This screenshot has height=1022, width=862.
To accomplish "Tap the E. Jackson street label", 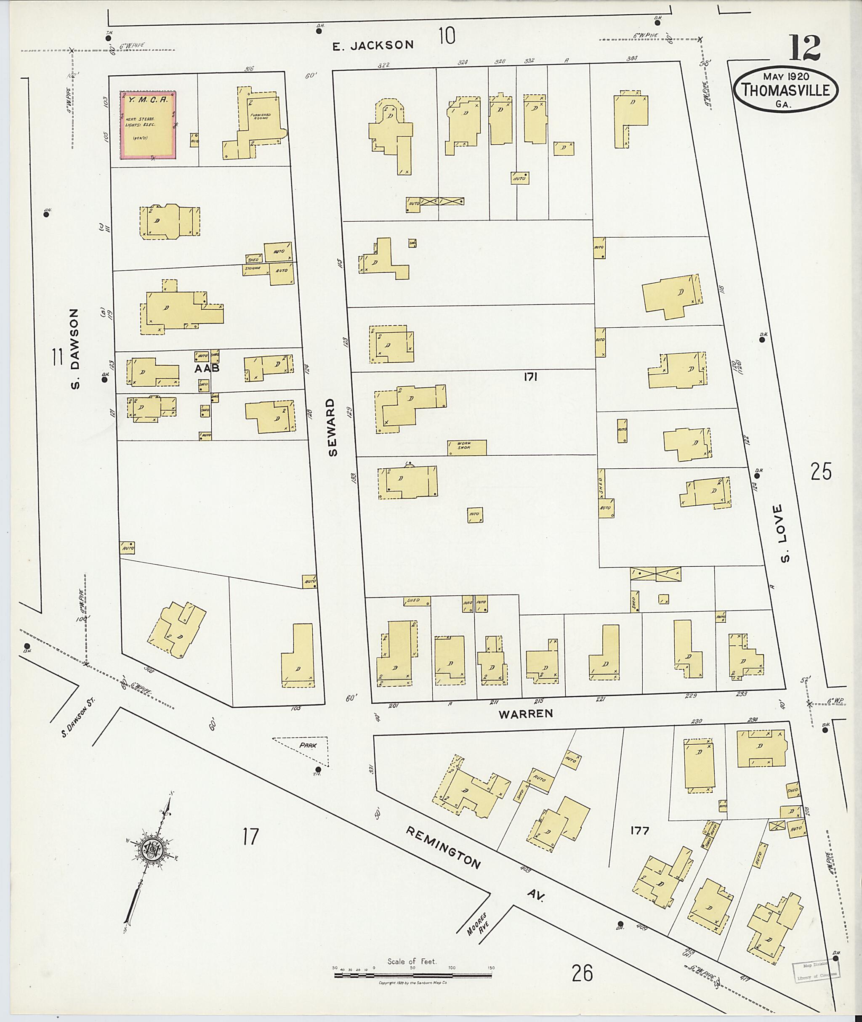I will [372, 45].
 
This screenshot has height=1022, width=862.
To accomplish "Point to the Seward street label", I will [333, 427].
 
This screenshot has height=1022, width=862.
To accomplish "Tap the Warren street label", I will [525, 714].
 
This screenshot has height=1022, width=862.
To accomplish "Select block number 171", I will [530, 377].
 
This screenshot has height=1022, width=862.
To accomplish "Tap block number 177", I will [639, 831].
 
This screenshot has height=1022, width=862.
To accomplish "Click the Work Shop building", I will [467, 447].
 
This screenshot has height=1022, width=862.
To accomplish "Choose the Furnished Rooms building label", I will [261, 117].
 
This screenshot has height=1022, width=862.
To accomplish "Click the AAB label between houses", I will [206, 369].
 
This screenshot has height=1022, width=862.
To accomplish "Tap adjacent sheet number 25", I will [821, 472].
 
